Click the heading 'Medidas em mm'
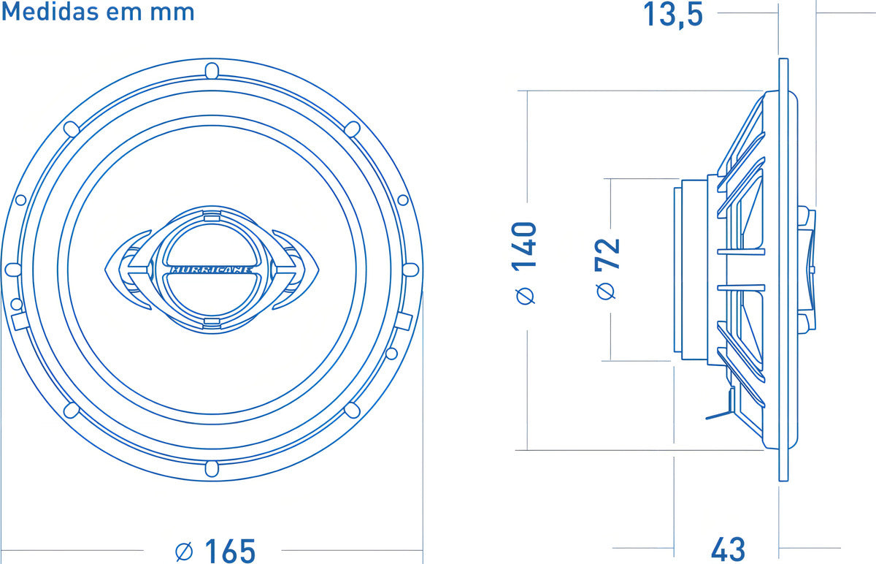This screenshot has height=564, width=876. (x=98, y=12)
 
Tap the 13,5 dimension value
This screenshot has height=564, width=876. (x=672, y=15)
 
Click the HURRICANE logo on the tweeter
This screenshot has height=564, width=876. (x=211, y=269)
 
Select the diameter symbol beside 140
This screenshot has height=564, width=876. (x=525, y=296)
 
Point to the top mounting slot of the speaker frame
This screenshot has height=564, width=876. (x=211, y=71)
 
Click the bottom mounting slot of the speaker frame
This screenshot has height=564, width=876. (x=211, y=468)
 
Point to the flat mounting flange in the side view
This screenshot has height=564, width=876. (x=783, y=270)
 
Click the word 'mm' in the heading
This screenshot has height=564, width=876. (x=177, y=12)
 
